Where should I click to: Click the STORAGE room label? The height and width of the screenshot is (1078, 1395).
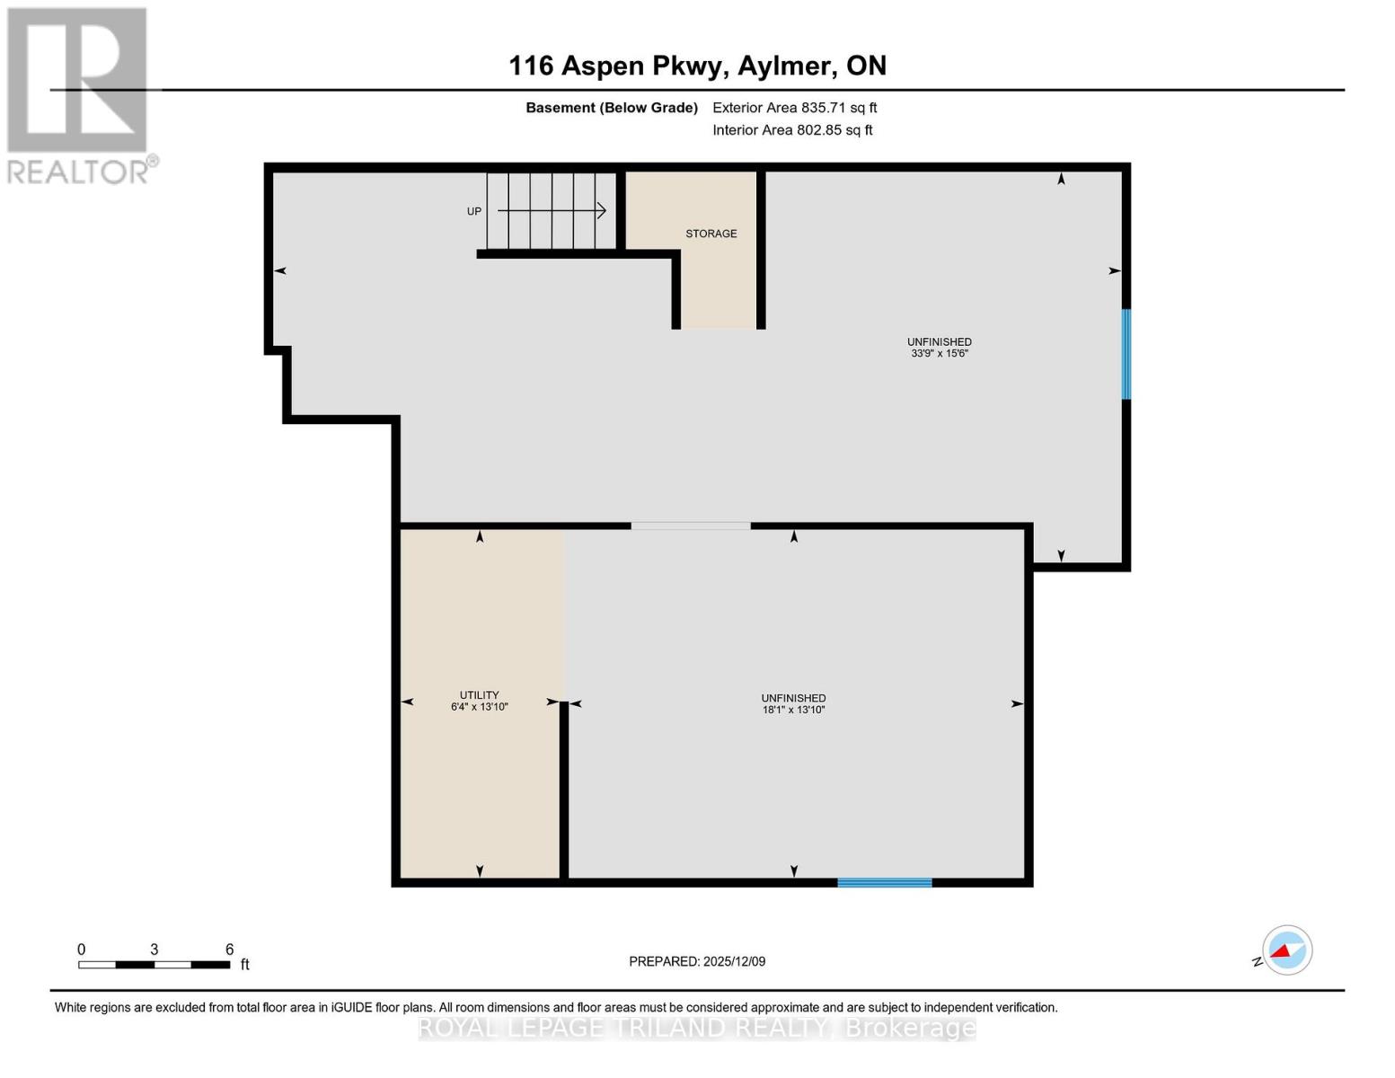(711, 234)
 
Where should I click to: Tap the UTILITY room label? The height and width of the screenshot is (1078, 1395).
(479, 694)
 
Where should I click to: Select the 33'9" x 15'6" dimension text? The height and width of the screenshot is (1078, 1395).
(939, 354)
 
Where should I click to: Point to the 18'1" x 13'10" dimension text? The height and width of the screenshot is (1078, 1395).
(793, 710)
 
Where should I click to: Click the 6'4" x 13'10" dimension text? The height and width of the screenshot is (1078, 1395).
(479, 707)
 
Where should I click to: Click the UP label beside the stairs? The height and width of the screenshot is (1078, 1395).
(473, 211)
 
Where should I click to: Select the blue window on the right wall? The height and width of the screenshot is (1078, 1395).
(1126, 354)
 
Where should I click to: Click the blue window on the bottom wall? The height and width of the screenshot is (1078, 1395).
(884, 882)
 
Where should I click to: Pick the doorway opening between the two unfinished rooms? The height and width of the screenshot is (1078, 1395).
(690, 526)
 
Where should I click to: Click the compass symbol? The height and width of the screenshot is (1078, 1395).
(1286, 950)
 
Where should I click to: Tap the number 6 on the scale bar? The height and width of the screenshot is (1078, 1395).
(229, 950)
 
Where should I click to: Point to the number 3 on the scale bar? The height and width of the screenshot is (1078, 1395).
(155, 950)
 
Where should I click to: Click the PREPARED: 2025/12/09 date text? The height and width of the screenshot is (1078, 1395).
(697, 961)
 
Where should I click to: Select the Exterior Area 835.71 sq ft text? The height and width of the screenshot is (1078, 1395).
(794, 108)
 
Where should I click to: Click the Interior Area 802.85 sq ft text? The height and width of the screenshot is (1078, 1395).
(792, 130)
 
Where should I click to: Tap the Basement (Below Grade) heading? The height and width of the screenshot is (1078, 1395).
(611, 108)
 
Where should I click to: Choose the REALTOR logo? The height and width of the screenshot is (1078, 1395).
(79, 94)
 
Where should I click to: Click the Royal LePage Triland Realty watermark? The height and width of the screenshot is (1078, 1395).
(697, 1028)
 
